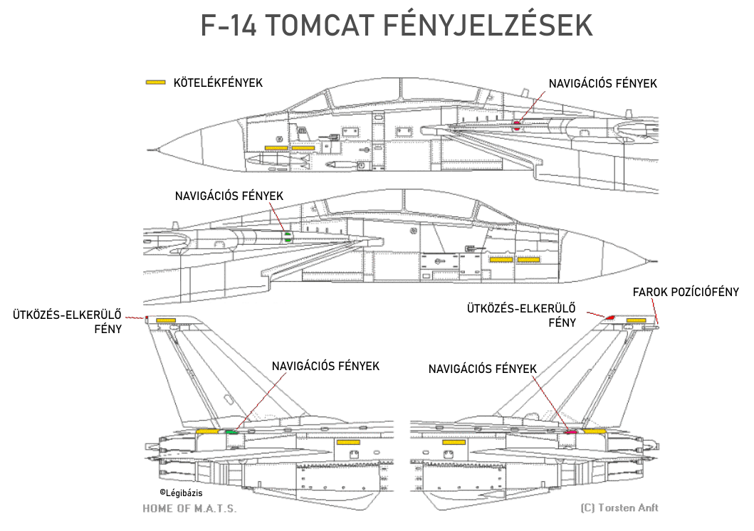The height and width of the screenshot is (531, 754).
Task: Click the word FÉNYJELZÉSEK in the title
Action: (488, 26)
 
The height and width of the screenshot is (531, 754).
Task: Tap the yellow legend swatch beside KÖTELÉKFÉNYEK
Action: (155, 83)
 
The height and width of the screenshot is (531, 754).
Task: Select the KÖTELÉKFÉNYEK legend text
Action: (218, 83)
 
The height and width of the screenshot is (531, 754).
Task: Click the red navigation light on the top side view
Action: (518, 126)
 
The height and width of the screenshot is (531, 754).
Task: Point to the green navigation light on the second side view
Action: (288, 236)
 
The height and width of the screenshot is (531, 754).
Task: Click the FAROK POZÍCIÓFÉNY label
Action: (686, 292)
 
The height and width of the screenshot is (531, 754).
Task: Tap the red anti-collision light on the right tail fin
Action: (610, 315)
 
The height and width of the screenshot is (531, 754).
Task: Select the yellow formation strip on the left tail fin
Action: (166, 321)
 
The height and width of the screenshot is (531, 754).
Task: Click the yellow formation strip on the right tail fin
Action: (636, 321)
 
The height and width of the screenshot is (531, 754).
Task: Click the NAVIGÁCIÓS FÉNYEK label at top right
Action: (602, 83)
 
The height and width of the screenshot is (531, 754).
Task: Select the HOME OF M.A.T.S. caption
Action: (189, 508)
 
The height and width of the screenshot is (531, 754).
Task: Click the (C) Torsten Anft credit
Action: (619, 508)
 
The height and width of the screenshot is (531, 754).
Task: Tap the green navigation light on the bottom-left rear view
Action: (231, 431)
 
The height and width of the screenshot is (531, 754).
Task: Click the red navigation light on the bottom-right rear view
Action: (570, 431)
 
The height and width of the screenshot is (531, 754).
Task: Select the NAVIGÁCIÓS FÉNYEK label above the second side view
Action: (229, 195)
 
